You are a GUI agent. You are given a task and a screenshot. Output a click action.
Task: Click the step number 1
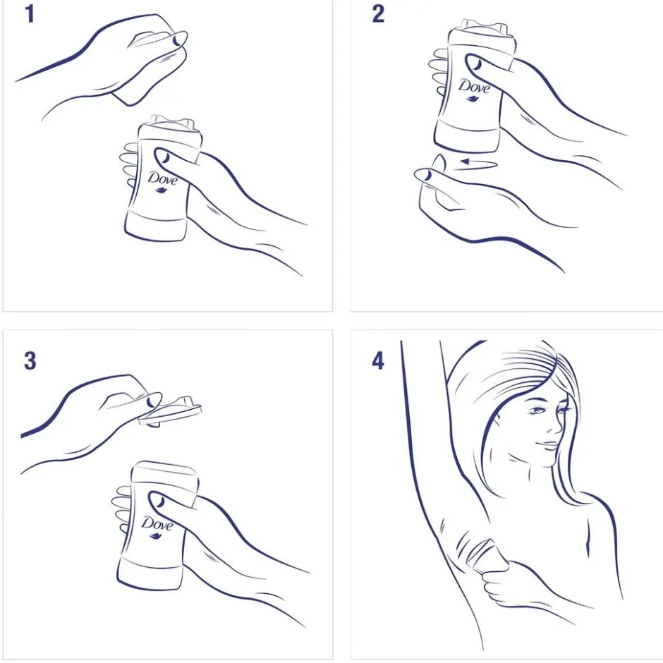coord(30,14)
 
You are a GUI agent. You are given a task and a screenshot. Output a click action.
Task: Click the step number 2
coord(379,14)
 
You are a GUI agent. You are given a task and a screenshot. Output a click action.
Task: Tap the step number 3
coord(30,361)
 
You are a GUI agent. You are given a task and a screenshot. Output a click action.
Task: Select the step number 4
coord(378,361)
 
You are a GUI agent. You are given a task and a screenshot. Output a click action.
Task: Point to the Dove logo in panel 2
coord(474,89)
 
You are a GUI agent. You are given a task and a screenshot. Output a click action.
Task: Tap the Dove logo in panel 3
coord(157,526)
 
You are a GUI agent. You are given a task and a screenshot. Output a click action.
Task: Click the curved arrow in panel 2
coord(478,163)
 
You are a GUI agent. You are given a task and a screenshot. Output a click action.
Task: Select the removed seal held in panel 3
coord(170,411)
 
